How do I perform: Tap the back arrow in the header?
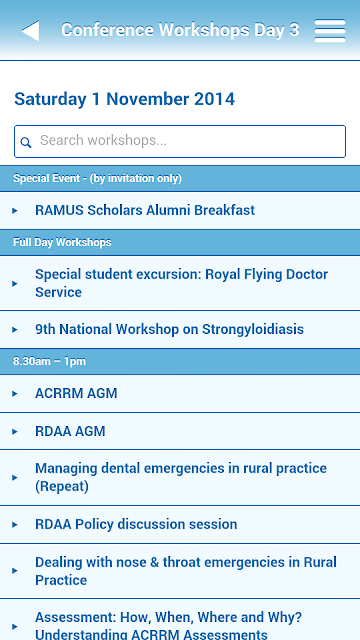[x=31, y=31]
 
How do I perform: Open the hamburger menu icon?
[x=330, y=31]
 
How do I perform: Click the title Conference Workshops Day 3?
[x=180, y=30]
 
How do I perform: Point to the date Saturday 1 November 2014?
[x=124, y=99]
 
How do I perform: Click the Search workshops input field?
[x=180, y=141]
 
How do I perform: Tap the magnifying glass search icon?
[x=26, y=142]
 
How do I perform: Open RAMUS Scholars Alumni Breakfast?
[x=145, y=210]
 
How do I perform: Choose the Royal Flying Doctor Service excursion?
[x=181, y=283]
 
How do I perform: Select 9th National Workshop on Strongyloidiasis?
[x=169, y=329]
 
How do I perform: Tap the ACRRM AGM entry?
[x=76, y=393]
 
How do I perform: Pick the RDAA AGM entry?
[x=70, y=431]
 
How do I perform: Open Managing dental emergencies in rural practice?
[x=181, y=477]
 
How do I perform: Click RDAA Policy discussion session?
[x=136, y=524]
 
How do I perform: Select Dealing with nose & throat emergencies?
[x=186, y=571]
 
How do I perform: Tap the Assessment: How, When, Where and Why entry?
[x=168, y=625]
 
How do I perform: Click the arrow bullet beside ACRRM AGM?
[x=15, y=393]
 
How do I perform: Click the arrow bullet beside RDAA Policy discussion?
[x=15, y=524]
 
